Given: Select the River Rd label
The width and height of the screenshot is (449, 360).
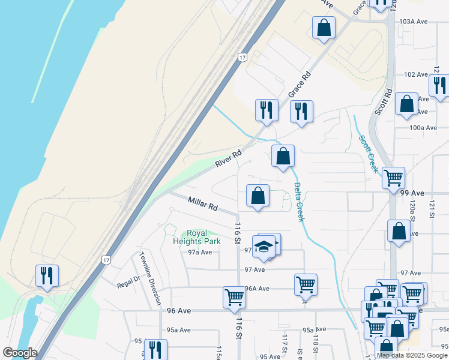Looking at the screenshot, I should click(x=229, y=158).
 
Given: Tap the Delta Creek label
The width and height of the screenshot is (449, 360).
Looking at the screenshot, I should click(x=298, y=202).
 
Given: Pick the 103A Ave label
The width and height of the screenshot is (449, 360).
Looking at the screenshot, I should click(x=413, y=21).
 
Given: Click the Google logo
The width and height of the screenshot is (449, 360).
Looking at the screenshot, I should click(x=20, y=352).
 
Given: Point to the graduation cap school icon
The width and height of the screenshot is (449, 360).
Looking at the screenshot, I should click(x=264, y=246).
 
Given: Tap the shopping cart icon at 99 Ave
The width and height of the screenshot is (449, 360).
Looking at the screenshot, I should click(x=394, y=178).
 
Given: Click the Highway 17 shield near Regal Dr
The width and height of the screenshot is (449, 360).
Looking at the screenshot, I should click(x=106, y=260).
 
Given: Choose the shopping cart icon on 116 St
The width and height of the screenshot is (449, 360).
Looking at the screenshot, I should click(x=234, y=296).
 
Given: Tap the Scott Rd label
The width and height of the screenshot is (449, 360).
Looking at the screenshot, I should click(x=384, y=103).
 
